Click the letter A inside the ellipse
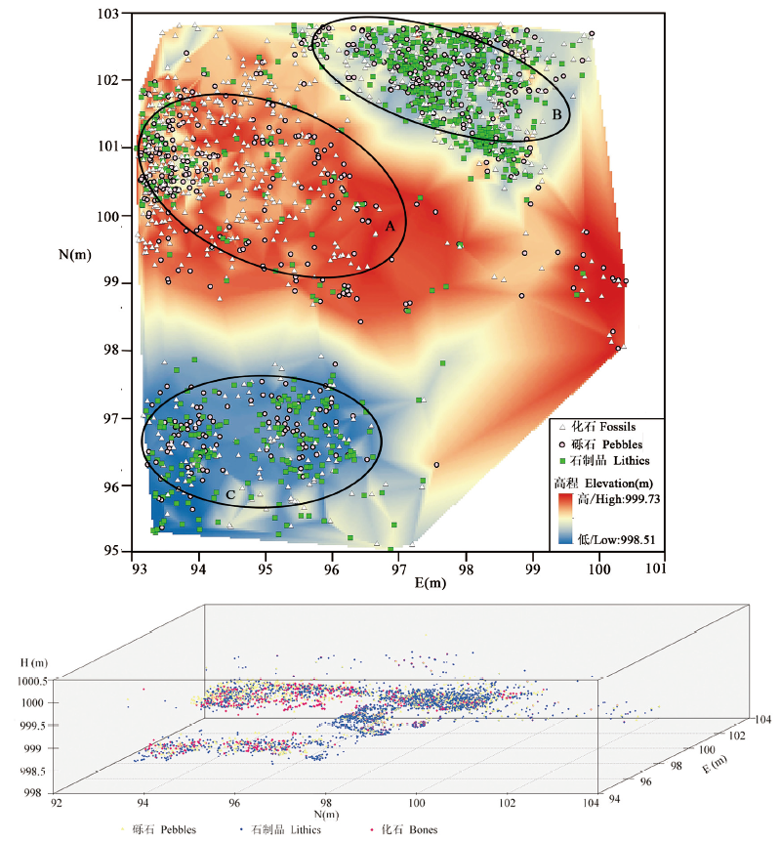tap(390, 226)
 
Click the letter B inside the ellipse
tap(556, 115)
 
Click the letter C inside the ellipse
tap(230, 495)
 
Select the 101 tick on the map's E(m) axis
tap(665, 566)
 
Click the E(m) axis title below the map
tap(400, 583)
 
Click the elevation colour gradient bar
tap(563, 517)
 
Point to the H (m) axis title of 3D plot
tap(32, 663)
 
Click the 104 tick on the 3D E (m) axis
tap(761, 719)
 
